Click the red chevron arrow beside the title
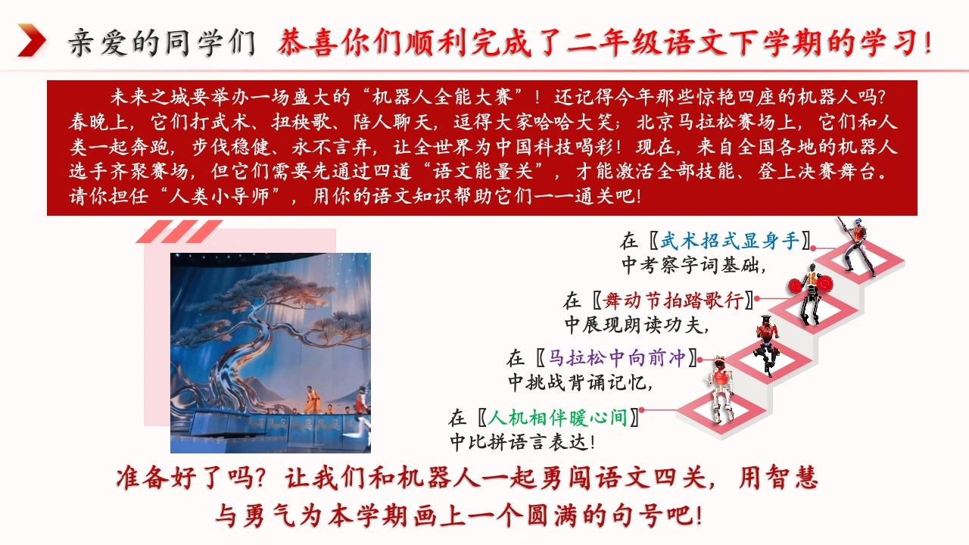(x=32, y=40)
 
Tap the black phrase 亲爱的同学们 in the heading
(x=162, y=42)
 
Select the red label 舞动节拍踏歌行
(x=673, y=301)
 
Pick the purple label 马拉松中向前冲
(x=617, y=358)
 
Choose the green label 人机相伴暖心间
(x=558, y=418)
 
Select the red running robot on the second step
(x=767, y=344)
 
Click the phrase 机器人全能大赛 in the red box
(x=442, y=97)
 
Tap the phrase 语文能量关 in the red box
(x=482, y=171)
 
